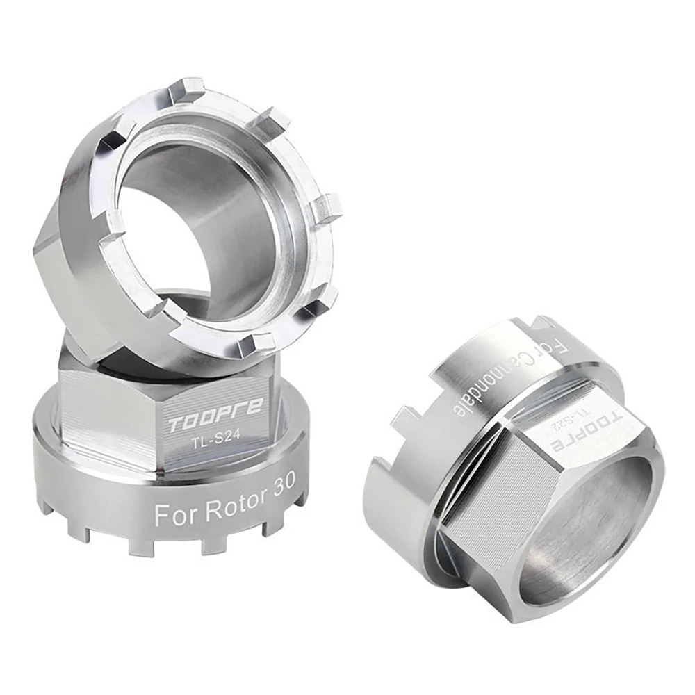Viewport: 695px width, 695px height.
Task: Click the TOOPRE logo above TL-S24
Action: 216,411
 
